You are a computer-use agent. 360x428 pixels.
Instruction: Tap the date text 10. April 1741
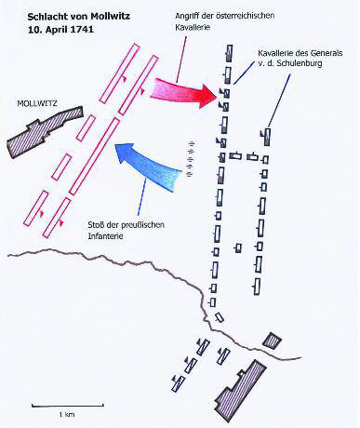(60, 30)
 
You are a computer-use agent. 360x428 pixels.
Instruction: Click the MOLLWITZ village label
(37, 103)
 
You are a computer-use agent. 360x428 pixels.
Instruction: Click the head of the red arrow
(207, 96)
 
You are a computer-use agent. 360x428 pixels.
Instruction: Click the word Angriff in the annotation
(186, 16)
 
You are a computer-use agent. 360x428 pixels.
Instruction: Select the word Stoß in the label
(95, 225)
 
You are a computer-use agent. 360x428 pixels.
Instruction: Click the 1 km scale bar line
(68, 406)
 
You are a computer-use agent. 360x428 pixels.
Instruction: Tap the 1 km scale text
(67, 414)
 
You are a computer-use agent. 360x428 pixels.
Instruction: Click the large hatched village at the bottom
(240, 390)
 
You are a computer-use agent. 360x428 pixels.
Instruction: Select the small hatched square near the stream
(272, 341)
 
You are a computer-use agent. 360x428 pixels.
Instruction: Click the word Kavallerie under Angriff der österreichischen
(193, 27)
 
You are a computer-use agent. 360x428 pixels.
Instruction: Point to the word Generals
(328, 53)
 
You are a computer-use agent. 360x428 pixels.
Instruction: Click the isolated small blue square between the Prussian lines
(238, 248)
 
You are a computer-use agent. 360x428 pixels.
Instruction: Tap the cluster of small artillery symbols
(192, 159)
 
